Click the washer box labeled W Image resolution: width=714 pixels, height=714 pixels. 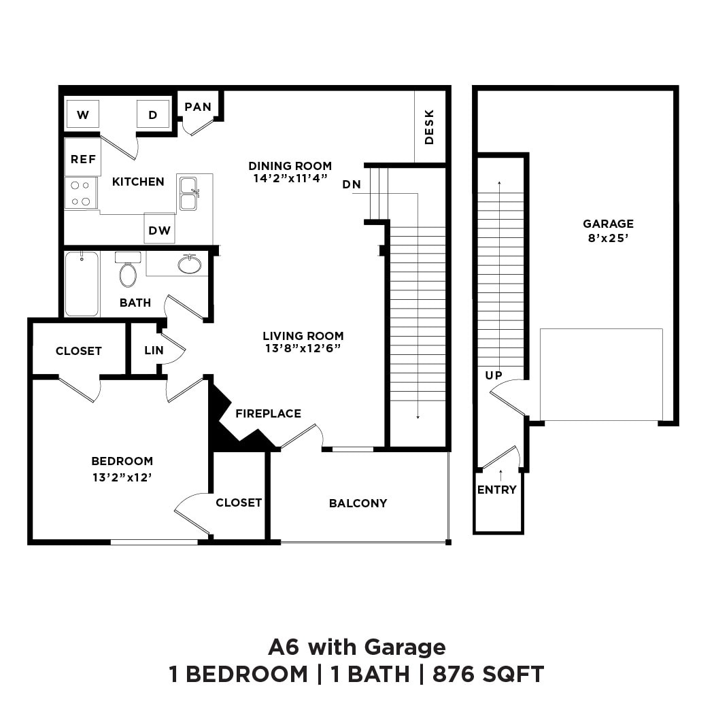83,114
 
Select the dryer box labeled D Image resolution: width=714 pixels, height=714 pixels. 153,114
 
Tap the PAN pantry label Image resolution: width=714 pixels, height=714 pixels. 198,107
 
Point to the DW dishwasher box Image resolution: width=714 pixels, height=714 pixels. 160,229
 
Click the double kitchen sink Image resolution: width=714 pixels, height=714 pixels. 188,193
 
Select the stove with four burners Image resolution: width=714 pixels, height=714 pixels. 81,192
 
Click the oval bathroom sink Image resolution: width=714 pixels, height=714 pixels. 190,265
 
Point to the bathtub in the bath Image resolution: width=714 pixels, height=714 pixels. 82,284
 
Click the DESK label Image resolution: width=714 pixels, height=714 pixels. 429,126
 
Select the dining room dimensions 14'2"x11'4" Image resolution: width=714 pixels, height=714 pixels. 290,178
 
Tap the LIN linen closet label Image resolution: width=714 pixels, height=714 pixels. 154,351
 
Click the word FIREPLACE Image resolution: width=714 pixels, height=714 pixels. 268,413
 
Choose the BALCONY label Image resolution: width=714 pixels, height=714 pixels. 358,503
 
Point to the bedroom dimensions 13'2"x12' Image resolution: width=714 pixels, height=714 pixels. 122,477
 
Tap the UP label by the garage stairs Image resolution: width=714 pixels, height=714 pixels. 494,375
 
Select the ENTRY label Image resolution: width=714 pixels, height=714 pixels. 496,490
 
